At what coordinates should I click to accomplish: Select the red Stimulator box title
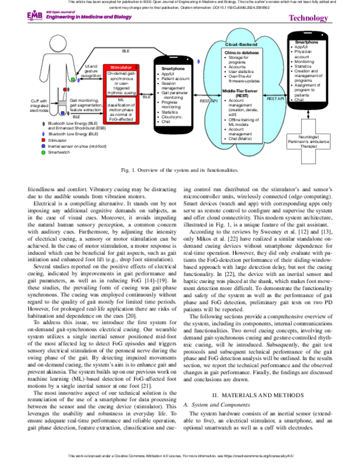(120, 66)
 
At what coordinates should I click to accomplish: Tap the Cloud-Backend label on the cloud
(240, 43)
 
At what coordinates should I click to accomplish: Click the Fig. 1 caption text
(180, 171)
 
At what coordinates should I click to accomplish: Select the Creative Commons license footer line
(180, 456)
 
